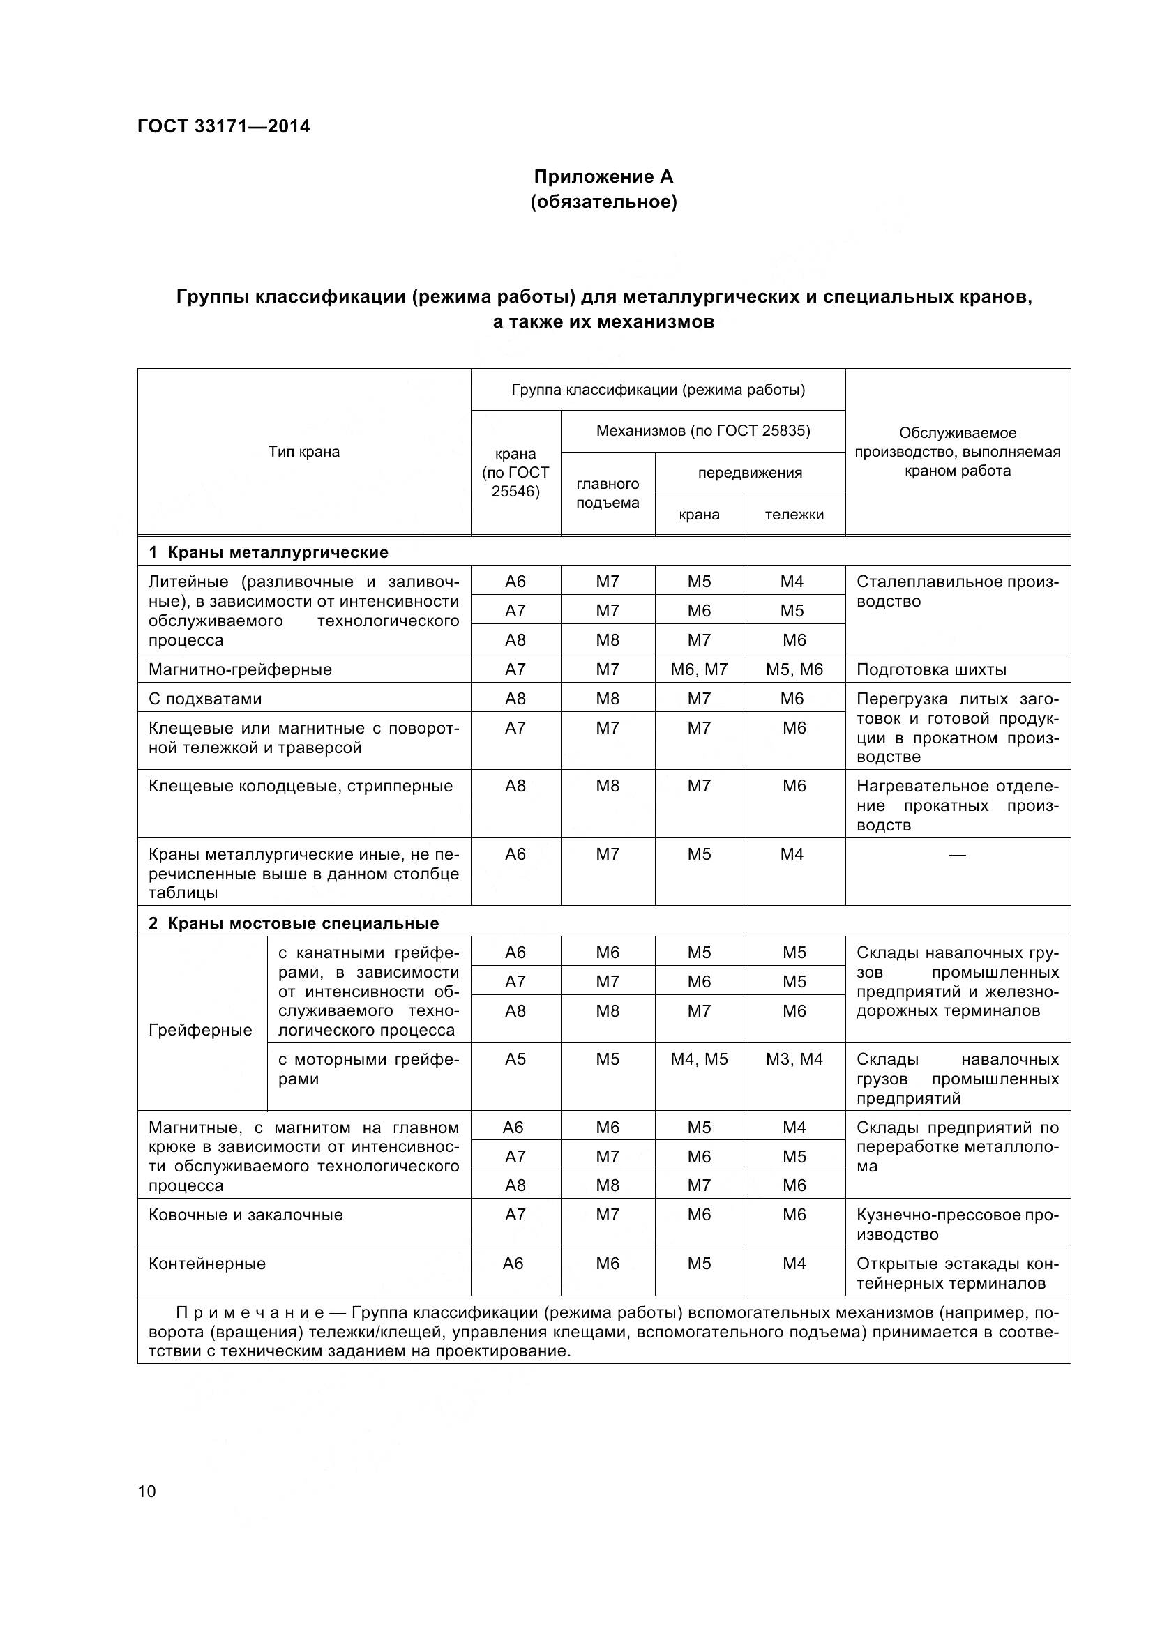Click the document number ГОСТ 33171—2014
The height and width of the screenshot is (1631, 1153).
click(x=224, y=127)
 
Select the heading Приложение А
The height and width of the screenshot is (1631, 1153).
click(x=603, y=176)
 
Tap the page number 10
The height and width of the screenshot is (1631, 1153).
click(x=146, y=1490)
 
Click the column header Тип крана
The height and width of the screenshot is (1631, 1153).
click(x=304, y=452)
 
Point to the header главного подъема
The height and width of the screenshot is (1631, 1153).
click(x=608, y=493)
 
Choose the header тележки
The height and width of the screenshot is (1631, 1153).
click(x=794, y=515)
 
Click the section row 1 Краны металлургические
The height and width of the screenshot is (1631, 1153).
click(x=269, y=552)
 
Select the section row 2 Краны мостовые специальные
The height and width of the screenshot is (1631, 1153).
click(x=294, y=923)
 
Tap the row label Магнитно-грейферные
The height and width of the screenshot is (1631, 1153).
click(x=240, y=669)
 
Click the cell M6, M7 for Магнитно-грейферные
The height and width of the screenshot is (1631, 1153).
click(x=699, y=669)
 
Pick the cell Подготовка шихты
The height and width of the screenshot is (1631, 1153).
click(x=931, y=669)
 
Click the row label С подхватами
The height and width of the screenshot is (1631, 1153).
click(x=205, y=698)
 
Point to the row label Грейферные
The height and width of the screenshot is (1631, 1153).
click(x=200, y=1029)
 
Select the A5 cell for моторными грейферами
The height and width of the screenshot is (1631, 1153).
click(x=515, y=1059)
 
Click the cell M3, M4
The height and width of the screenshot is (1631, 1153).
click(x=794, y=1059)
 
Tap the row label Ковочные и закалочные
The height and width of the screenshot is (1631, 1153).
click(x=246, y=1215)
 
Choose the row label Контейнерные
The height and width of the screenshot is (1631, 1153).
click(x=206, y=1264)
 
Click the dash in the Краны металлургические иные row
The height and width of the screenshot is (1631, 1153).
click(x=957, y=855)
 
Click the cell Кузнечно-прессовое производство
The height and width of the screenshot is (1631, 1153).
click(x=957, y=1224)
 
